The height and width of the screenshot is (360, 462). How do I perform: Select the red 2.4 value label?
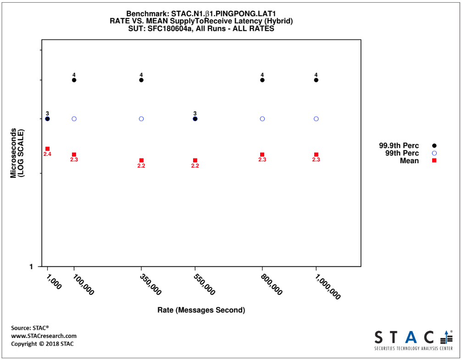(x=47, y=154)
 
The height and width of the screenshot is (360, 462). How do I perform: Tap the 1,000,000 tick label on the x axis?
(x=328, y=287)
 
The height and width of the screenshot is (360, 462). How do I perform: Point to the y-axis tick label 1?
(x=31, y=267)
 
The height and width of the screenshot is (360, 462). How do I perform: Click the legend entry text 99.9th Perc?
(x=399, y=146)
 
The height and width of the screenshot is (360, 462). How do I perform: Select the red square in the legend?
(x=434, y=161)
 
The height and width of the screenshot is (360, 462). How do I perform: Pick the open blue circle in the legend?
(x=434, y=153)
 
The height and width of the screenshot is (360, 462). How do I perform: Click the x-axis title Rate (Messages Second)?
(x=201, y=310)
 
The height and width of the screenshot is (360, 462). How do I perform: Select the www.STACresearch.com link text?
(x=44, y=336)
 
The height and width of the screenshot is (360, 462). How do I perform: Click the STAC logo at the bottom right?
(x=413, y=340)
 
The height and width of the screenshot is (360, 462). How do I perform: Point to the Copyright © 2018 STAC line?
(x=42, y=344)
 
